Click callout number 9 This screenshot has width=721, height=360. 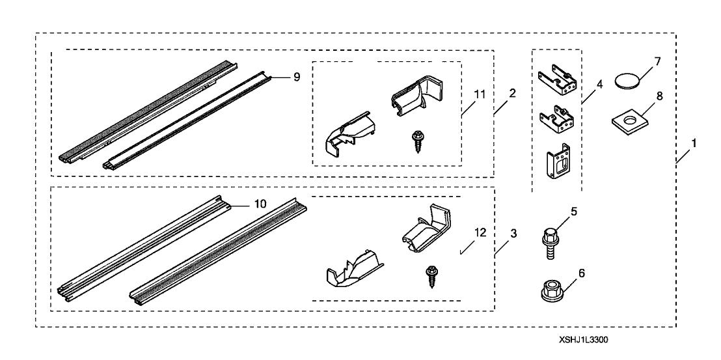296,77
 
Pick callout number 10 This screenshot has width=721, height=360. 260,204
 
